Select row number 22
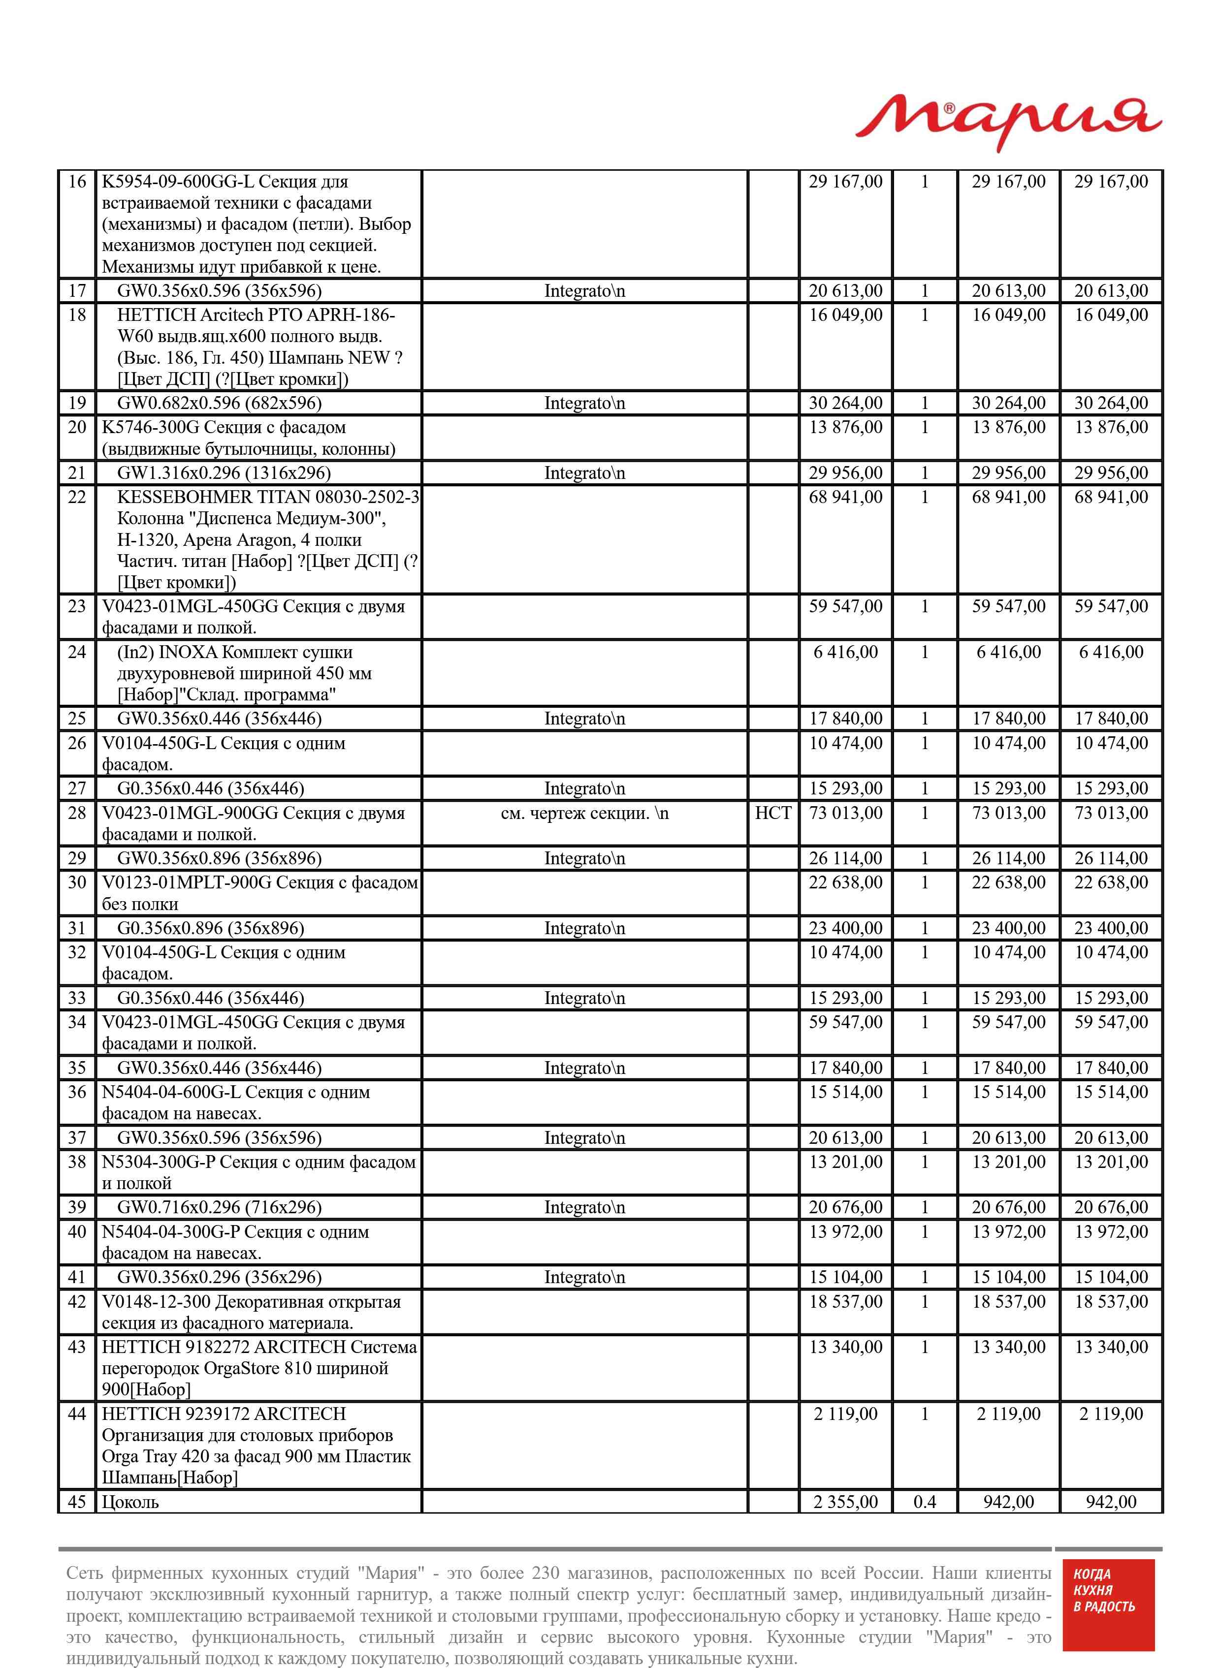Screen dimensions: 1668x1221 pos(77,497)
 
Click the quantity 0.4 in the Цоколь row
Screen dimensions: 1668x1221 pos(924,1502)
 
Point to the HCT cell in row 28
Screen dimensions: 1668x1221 pos(772,813)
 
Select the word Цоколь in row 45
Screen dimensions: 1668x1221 pos(130,1502)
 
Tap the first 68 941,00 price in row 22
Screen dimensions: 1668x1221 pos(845,497)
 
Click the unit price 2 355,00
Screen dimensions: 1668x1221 pos(845,1502)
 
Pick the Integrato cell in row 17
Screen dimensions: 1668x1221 pos(584,291)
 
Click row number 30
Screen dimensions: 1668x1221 pos(77,883)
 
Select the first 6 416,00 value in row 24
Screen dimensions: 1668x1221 pos(845,652)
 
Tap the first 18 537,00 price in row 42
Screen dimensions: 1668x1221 pos(845,1302)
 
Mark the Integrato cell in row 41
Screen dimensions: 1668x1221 pos(584,1277)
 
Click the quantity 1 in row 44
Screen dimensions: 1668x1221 pos(924,1414)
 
